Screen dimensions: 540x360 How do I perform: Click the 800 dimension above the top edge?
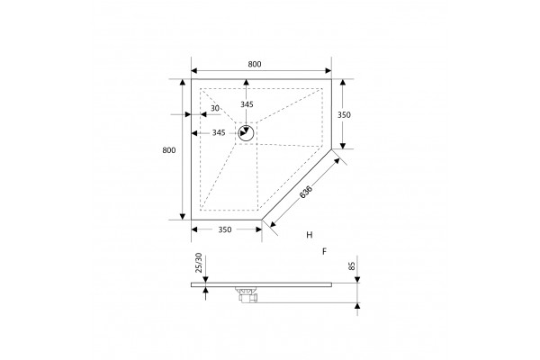click(255, 64)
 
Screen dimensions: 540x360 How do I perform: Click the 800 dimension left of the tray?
click(169, 150)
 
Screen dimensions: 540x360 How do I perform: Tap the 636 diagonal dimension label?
click(306, 193)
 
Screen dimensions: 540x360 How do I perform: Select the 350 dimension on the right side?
click(344, 114)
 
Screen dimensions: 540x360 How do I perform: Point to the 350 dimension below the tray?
click(225, 229)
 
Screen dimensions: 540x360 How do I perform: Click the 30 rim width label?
click(215, 108)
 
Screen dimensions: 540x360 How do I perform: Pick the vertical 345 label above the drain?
click(247, 104)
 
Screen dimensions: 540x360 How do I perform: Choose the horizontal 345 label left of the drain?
click(219, 132)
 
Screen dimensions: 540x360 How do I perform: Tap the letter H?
click(310, 235)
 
